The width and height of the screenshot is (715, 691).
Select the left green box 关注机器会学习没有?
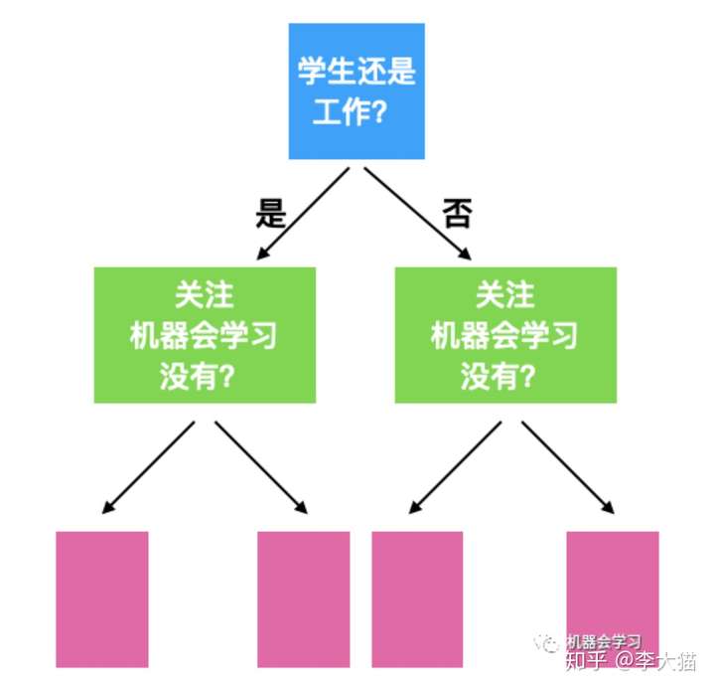205,335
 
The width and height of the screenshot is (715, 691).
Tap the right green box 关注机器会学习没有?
504,335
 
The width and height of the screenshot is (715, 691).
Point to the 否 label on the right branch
456,213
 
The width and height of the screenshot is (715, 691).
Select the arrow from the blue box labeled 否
417,213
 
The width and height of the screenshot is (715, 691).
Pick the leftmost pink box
101,599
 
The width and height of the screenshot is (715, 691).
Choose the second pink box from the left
303,599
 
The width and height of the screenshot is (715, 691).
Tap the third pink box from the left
417,599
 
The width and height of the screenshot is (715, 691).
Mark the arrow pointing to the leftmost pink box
149,467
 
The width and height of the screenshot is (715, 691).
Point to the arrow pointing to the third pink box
457,467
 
